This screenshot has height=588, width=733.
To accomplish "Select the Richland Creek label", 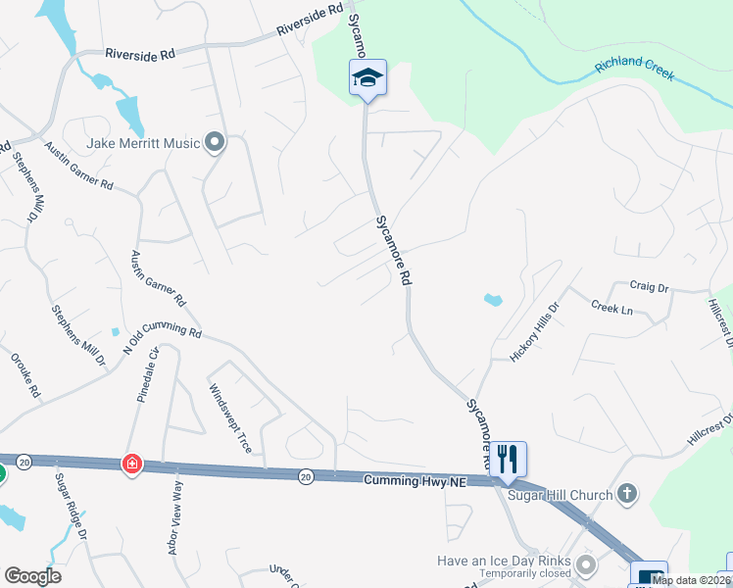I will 635,69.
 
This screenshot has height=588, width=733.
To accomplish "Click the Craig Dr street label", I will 648,287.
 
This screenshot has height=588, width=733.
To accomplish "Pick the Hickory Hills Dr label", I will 533,332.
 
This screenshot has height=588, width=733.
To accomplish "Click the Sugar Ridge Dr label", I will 72,506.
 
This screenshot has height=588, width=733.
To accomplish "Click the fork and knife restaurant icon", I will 508,458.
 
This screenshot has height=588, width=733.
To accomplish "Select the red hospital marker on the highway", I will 131,465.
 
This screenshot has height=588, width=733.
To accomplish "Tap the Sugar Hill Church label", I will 560,495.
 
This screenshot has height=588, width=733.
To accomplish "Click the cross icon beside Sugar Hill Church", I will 627,495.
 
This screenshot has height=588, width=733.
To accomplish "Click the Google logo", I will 33,576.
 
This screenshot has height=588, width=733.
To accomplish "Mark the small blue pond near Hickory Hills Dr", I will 492,300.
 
